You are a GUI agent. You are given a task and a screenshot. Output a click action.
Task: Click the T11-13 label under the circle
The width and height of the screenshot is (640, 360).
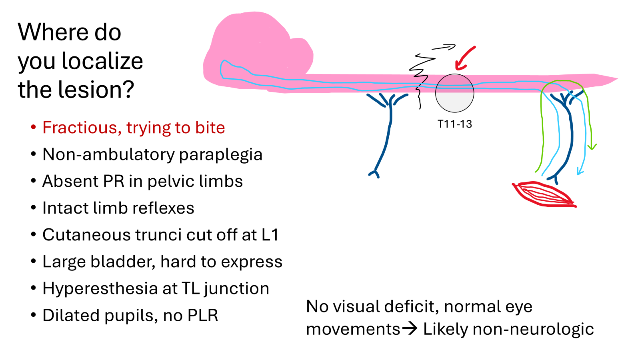[455, 124]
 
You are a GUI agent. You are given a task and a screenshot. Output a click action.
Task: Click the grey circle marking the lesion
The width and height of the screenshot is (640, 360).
[455, 93]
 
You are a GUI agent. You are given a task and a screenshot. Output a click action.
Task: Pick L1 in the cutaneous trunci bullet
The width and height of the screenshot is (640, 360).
[270, 235]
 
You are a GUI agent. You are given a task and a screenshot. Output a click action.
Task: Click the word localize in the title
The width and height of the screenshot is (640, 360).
[102, 61]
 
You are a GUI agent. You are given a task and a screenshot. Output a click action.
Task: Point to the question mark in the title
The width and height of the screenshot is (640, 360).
[129, 90]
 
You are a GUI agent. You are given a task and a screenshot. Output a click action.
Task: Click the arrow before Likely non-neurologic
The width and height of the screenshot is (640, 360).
[410, 329]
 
